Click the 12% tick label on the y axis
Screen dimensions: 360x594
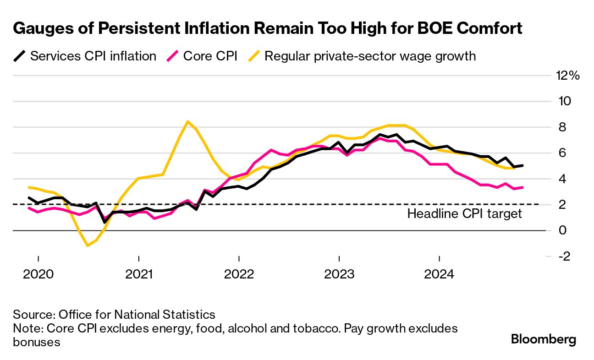pos(568,76)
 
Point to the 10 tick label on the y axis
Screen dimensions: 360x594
pos(563,101)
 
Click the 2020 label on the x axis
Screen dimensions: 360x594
pos(38,274)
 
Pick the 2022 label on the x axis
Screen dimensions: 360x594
pos(239,274)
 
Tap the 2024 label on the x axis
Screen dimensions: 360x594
pos(439,274)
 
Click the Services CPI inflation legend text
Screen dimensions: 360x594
pos(93,56)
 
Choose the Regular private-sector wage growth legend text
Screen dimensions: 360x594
pos(370,56)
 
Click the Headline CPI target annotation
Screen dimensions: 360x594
pos(464,213)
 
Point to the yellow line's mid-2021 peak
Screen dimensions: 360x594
pos(188,121)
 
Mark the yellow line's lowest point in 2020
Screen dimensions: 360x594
pos(88,246)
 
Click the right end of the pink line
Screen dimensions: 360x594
pos(522,187)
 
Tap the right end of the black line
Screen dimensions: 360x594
pos(522,165)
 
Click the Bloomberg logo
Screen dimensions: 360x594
pos(543,339)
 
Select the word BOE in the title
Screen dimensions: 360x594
pos(421,28)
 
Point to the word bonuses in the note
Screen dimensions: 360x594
pos(37,342)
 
